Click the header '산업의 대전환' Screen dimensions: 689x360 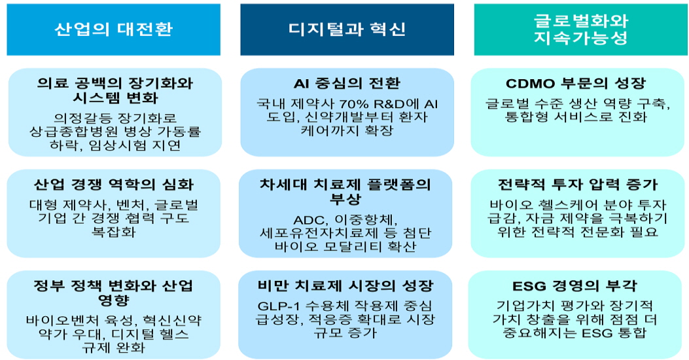pos(113,29)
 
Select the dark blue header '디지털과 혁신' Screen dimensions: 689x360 pos(347,29)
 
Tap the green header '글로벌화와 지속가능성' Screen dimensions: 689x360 pos(580,29)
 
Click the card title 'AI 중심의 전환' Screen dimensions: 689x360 pos(347,83)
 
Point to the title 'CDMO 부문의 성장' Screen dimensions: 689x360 pos(576,83)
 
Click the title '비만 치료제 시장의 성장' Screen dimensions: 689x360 pos(346,286)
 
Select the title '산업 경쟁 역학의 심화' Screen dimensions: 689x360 pos(114,185)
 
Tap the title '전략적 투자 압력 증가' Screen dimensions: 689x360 pos(577,185)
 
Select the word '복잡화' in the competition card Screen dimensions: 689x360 pos(114,232)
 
